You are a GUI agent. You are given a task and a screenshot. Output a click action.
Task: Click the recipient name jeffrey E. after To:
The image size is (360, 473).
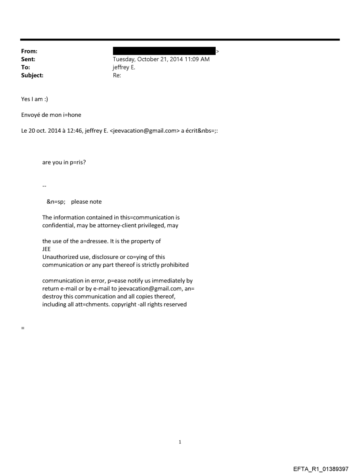pos(124,67)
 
